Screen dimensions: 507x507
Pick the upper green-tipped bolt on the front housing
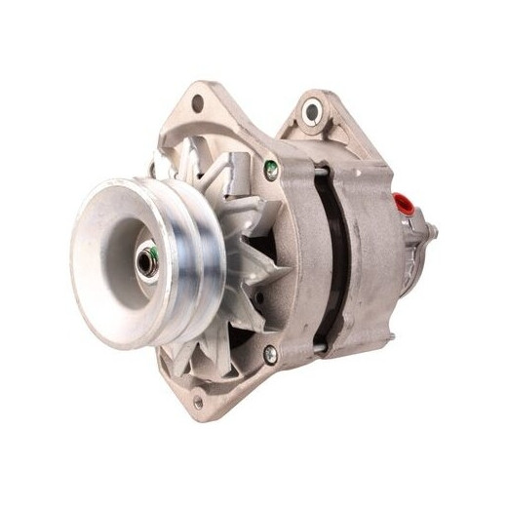click(x=271, y=169)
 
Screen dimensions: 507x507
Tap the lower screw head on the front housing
click(x=271, y=355)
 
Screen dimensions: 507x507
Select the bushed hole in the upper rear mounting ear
click(x=312, y=111)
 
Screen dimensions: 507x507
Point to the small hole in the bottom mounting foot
click(x=199, y=400)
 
